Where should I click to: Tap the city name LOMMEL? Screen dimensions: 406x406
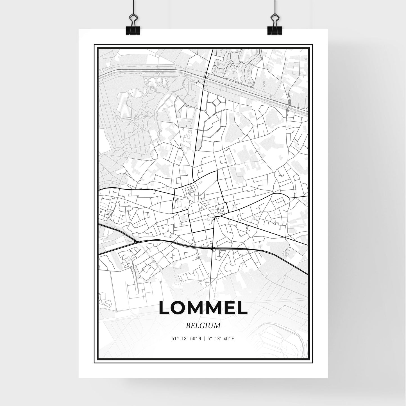(x=203, y=308)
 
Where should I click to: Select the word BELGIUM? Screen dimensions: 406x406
(x=203, y=326)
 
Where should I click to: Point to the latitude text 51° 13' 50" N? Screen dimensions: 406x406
(x=187, y=339)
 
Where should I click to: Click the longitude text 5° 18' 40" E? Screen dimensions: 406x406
(x=220, y=339)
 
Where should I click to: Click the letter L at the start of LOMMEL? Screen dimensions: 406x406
(x=164, y=308)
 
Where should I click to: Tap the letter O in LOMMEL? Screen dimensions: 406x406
(x=178, y=308)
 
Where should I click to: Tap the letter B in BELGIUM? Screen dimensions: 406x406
(x=188, y=326)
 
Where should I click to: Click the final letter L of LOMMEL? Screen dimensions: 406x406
(x=242, y=308)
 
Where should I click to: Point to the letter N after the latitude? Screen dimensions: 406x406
(x=199, y=339)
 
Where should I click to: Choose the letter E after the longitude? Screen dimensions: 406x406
(x=233, y=339)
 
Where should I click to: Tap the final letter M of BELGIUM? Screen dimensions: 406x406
(x=217, y=326)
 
